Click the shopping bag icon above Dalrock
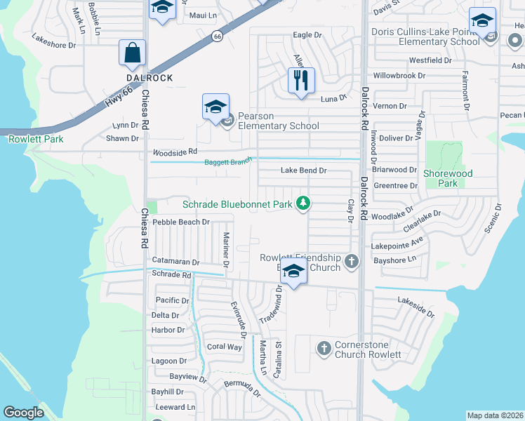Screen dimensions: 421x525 click(132, 53)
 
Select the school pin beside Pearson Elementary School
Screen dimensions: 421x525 click(215, 107)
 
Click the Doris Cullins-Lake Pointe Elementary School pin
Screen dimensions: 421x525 click(482, 21)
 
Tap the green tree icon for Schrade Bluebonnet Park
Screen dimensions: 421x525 click(303, 204)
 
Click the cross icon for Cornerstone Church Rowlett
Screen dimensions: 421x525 click(324, 348)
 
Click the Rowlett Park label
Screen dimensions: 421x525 click(36, 139)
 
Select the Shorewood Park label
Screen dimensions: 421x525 click(448, 178)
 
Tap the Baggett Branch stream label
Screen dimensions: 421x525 click(228, 163)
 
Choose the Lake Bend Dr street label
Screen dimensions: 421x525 click(303, 171)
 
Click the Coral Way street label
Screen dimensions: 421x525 click(224, 347)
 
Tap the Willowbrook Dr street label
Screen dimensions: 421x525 click(399, 75)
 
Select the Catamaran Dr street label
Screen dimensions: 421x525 click(176, 262)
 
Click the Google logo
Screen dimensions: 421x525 click(23, 413)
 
